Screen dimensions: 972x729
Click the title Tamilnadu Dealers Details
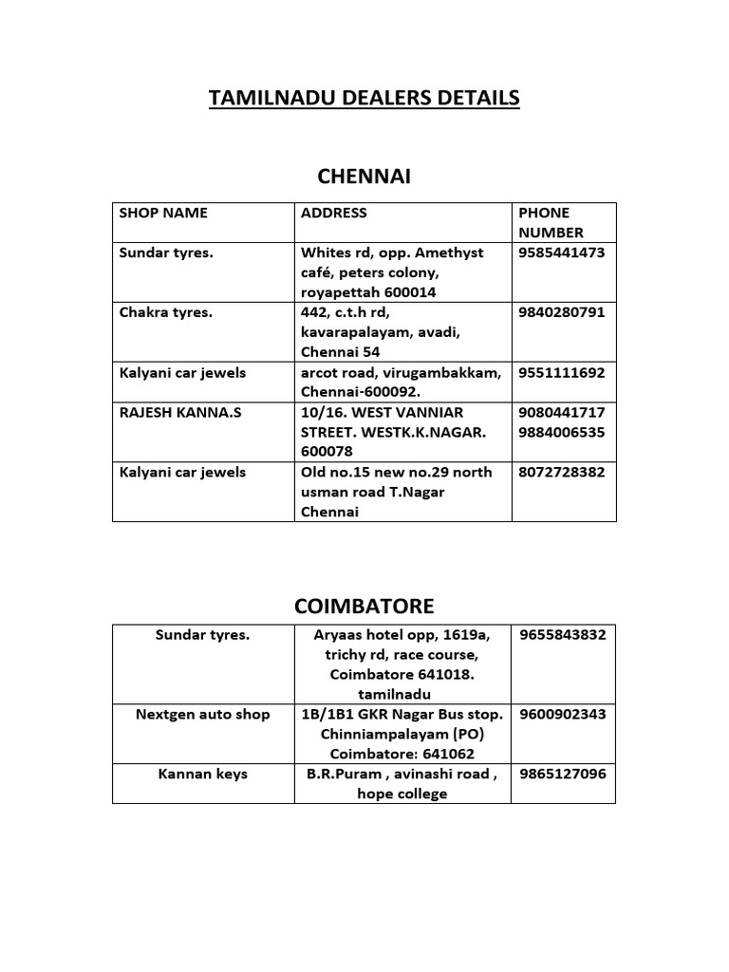364,98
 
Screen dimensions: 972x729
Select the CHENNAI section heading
364,177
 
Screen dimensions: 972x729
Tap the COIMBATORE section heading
364,606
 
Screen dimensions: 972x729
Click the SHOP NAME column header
163,213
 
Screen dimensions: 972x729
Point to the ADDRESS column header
333,213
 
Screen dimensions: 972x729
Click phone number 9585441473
562,252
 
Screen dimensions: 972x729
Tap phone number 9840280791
562,312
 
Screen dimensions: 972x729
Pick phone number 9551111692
562,372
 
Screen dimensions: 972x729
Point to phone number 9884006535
562,432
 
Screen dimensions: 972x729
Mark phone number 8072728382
562,472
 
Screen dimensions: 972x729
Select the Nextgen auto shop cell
203,714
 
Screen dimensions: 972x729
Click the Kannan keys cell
203,774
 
